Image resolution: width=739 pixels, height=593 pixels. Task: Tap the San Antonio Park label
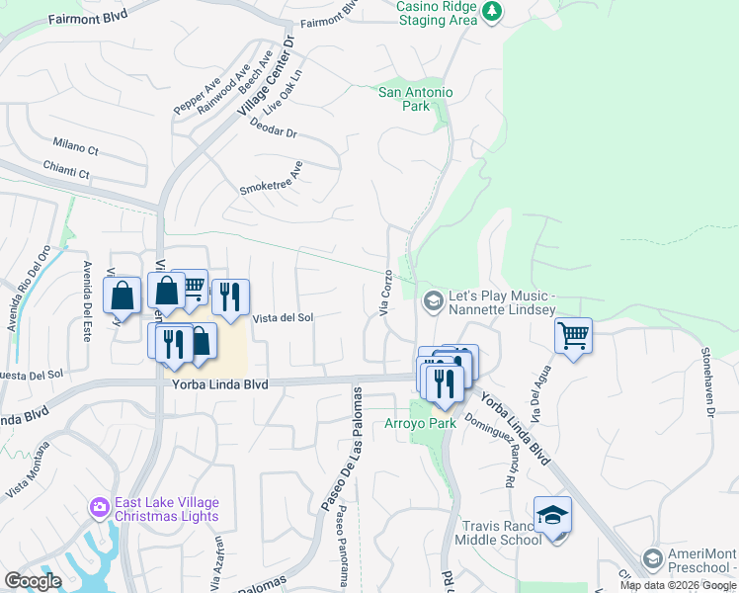click(x=416, y=99)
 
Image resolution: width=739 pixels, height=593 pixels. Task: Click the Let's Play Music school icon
click(x=432, y=298)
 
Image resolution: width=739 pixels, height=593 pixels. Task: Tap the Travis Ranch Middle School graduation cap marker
click(x=552, y=514)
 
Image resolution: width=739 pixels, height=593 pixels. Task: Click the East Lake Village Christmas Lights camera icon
click(x=99, y=508)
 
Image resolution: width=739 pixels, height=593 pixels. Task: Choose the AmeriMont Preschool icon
click(x=651, y=559)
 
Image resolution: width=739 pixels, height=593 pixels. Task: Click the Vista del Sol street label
click(x=284, y=317)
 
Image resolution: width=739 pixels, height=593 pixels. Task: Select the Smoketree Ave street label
click(x=271, y=178)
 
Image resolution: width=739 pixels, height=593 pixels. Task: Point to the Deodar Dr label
click(x=274, y=129)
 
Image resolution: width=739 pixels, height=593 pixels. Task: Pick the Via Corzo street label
click(x=386, y=294)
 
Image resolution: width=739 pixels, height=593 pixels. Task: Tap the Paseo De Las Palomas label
click(x=338, y=451)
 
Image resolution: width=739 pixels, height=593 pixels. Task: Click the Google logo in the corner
click(x=33, y=580)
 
